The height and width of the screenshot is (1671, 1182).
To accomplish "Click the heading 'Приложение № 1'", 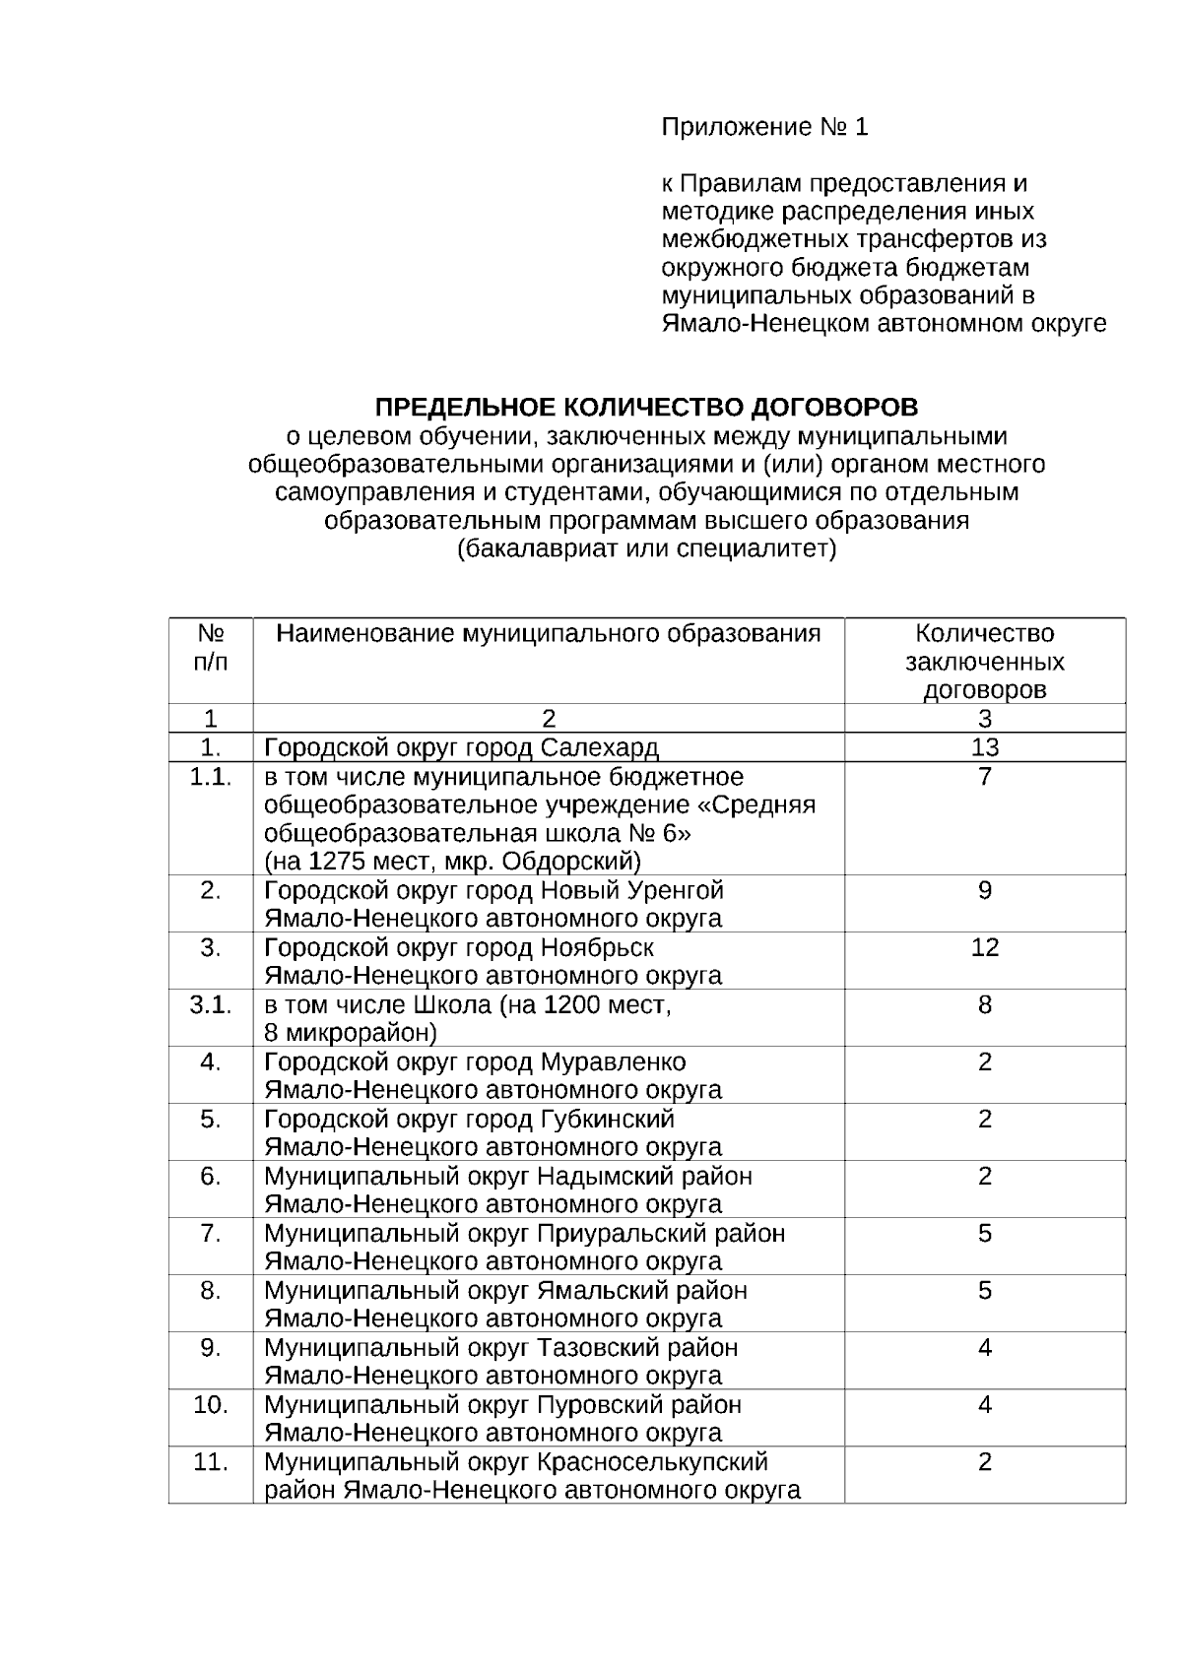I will point(764,128).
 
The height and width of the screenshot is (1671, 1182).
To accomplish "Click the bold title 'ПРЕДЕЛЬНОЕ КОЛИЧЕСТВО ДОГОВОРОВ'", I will point(646,408).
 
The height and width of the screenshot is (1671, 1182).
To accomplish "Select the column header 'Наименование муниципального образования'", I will point(549,633).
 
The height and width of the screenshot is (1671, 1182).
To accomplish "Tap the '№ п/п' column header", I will point(211,647).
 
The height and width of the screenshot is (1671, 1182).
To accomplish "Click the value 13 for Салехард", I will point(984,747).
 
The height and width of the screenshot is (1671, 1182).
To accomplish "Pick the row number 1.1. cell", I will point(211,777).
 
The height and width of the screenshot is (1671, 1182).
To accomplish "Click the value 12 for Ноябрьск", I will point(984,947).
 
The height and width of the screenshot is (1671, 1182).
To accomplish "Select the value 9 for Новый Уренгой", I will point(984,890).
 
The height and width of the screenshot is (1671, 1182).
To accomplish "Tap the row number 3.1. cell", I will point(211,1005).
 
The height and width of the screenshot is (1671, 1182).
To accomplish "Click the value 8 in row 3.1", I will point(984,1005).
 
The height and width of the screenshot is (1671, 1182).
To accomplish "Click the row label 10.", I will point(211,1405).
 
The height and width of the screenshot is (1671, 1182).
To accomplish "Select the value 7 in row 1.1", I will point(984,777).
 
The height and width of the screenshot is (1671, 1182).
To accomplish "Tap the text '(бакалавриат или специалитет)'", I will point(646,549).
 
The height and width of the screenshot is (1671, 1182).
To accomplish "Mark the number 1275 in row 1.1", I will point(335,863).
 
